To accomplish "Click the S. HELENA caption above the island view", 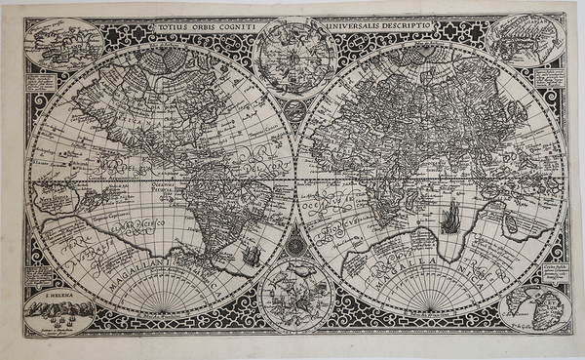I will (x=60, y=290).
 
